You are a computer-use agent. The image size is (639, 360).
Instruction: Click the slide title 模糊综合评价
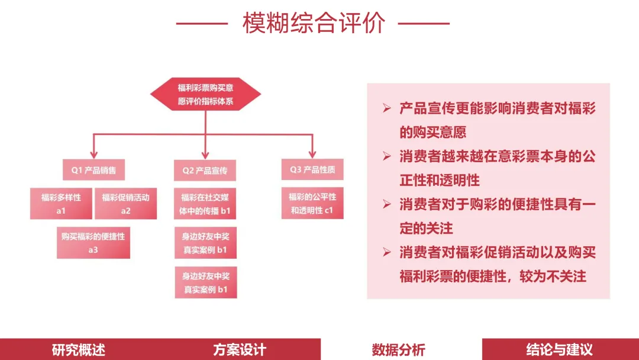click(314, 24)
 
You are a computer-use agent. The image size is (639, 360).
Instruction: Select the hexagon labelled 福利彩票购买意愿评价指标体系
click(205, 94)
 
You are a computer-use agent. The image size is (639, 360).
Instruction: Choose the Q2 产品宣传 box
click(205, 171)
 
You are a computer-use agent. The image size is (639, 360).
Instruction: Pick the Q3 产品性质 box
click(312, 170)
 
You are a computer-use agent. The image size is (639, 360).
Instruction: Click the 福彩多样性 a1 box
click(61, 204)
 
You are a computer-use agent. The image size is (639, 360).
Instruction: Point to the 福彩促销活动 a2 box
click(125, 204)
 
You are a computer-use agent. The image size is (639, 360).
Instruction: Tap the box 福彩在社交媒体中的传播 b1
click(205, 204)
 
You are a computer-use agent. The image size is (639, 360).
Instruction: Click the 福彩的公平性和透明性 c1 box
click(312, 203)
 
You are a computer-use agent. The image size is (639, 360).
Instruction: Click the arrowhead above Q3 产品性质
click(312, 153)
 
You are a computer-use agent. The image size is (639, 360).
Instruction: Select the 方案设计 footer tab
click(240, 349)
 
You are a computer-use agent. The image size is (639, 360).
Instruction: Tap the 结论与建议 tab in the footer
click(559, 349)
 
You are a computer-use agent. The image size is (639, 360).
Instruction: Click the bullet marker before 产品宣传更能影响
click(387, 108)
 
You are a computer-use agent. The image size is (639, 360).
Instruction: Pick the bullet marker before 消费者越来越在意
click(387, 157)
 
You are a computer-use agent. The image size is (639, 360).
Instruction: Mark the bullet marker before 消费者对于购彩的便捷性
click(387, 205)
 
